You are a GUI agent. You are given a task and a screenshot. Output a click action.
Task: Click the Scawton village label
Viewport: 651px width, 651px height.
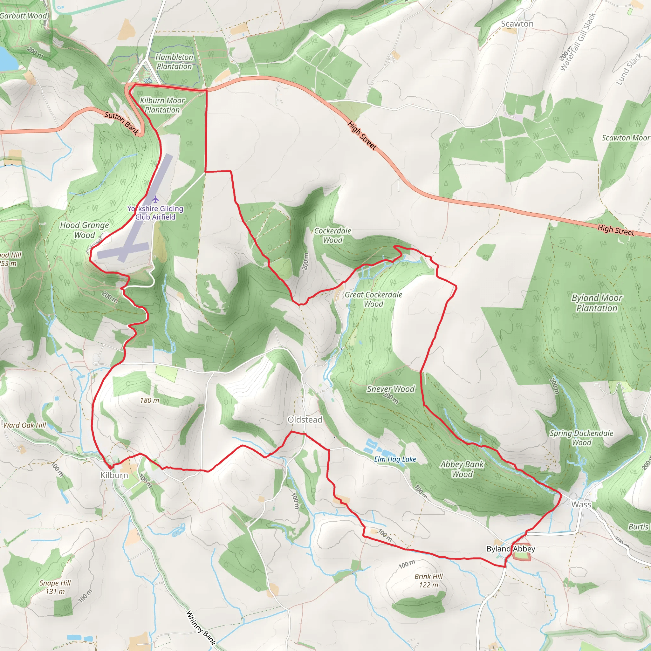click(x=517, y=24)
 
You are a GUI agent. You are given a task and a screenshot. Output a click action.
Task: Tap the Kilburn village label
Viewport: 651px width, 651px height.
click(x=114, y=475)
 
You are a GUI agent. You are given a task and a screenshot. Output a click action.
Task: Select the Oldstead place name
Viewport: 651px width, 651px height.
click(x=305, y=420)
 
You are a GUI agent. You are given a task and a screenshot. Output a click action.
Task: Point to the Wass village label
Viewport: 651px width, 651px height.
click(x=581, y=504)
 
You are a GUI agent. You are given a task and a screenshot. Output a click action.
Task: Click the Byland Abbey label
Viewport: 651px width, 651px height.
click(x=511, y=549)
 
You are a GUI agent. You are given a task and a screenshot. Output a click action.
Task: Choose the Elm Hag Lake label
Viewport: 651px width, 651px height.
click(x=395, y=459)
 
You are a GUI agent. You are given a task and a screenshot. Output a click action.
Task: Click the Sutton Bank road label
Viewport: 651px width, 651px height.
click(x=121, y=123)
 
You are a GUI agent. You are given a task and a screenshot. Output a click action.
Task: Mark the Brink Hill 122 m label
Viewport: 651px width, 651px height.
click(x=428, y=580)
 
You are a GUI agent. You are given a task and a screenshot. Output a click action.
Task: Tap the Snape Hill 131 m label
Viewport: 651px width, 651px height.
click(x=55, y=587)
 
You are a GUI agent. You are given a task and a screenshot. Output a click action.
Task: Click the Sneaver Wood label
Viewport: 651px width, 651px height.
click(x=391, y=389)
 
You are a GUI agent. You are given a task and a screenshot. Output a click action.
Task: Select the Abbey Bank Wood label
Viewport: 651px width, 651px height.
click(x=462, y=469)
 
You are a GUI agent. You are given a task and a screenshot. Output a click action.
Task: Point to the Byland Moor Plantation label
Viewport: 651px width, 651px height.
click(x=596, y=303)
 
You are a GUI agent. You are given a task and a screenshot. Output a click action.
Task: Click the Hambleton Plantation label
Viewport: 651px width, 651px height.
click(x=174, y=62)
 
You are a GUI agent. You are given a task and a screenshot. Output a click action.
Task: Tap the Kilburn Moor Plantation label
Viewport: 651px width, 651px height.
click(x=162, y=105)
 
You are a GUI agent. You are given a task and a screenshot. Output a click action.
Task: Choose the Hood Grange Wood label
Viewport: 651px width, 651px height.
click(x=85, y=230)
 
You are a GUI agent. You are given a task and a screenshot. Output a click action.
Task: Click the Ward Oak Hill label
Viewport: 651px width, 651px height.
click(x=24, y=425)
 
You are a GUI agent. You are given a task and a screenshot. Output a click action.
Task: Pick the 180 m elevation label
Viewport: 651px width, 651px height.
click(x=150, y=400)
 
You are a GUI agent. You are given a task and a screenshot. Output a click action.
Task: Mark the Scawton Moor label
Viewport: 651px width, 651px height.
click(x=625, y=138)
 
